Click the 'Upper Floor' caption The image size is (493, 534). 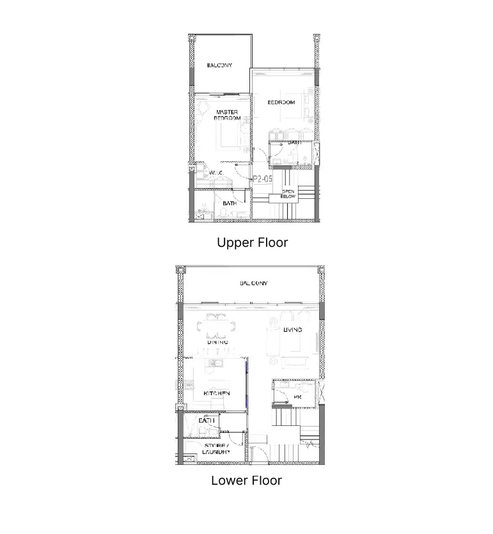[252, 243]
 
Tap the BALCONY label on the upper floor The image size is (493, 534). [219, 65]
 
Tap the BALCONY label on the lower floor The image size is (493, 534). [254, 283]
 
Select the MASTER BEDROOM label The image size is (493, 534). [226, 115]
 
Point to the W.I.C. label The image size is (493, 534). [215, 173]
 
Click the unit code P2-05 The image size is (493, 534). [262, 180]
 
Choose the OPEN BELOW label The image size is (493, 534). [288, 194]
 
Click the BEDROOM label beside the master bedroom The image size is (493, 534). [281, 102]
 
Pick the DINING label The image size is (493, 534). [217, 343]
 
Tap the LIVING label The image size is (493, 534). [292, 330]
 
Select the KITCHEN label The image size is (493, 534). [216, 393]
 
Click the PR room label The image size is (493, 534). [297, 397]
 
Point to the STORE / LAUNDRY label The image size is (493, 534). [216, 449]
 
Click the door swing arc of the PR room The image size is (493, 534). [279, 388]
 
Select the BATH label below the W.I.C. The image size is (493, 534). [230, 203]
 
